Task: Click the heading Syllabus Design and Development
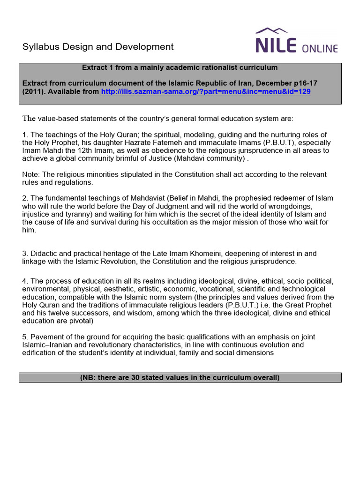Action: pos(98,47)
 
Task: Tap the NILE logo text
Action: pos(276,46)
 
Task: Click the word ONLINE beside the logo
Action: pos(320,48)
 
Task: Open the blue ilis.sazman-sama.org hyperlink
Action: pos(206,91)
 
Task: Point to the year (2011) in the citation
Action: pos(34,91)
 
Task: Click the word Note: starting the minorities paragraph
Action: pos(31,174)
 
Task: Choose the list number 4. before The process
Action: pos(25,281)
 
